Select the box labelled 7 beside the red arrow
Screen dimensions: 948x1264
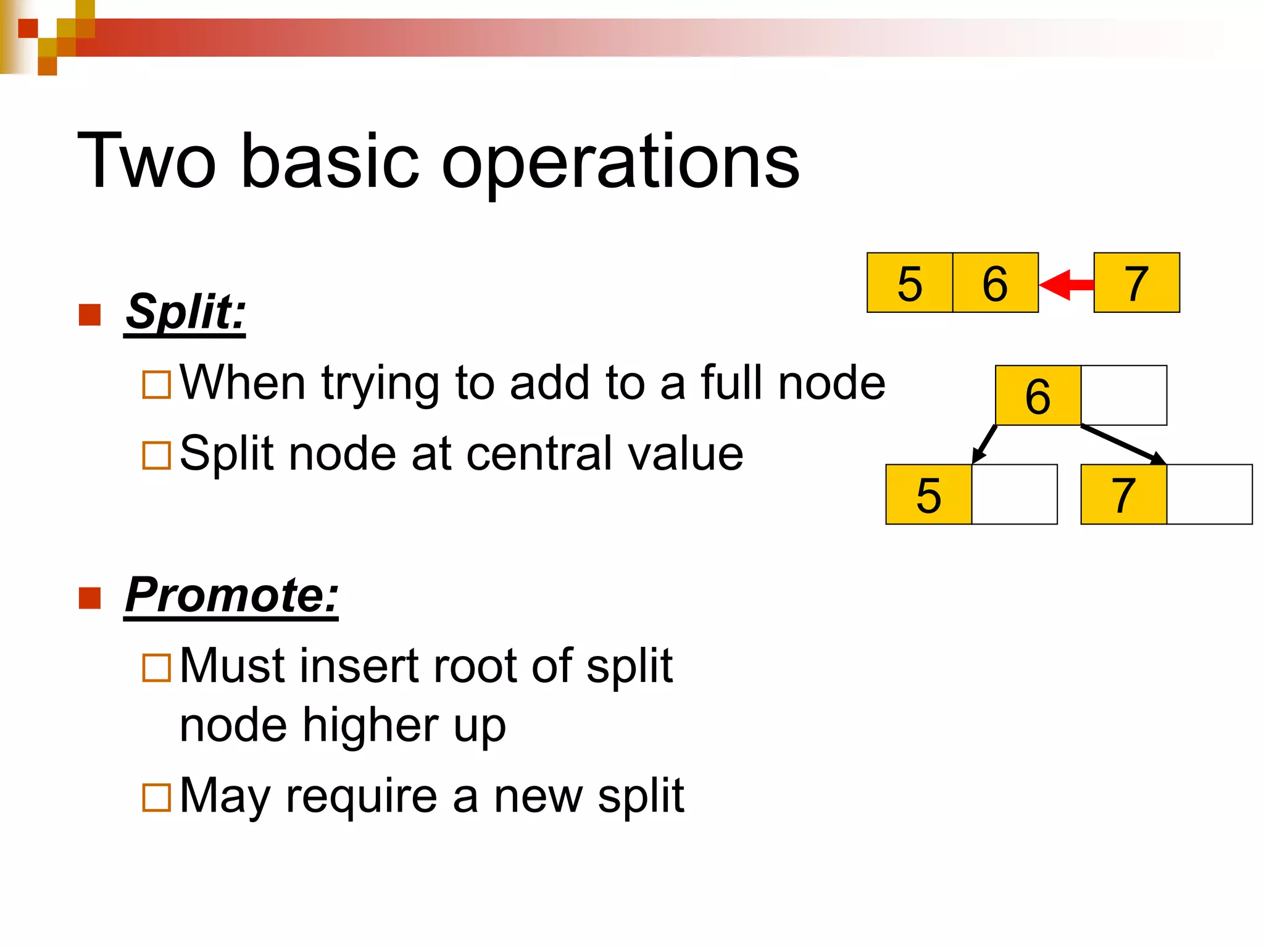coord(1136,283)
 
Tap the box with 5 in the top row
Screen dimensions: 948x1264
coord(910,283)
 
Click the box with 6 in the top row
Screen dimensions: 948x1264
coord(995,283)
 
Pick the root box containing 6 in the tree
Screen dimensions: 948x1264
coord(1037,396)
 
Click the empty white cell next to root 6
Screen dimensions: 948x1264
coord(1124,396)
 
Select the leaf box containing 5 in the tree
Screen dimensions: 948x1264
coord(928,494)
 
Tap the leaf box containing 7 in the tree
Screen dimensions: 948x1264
coord(1123,494)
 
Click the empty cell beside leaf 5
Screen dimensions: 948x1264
coord(1014,494)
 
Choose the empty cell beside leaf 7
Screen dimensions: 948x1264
coord(1209,494)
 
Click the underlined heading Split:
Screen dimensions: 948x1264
coord(185,312)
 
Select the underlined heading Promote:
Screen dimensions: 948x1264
coord(231,596)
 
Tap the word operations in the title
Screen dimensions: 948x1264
coord(620,162)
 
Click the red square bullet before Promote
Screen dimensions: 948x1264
coord(90,597)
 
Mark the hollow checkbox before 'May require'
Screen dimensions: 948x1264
coord(156,797)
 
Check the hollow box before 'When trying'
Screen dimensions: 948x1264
coord(156,384)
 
